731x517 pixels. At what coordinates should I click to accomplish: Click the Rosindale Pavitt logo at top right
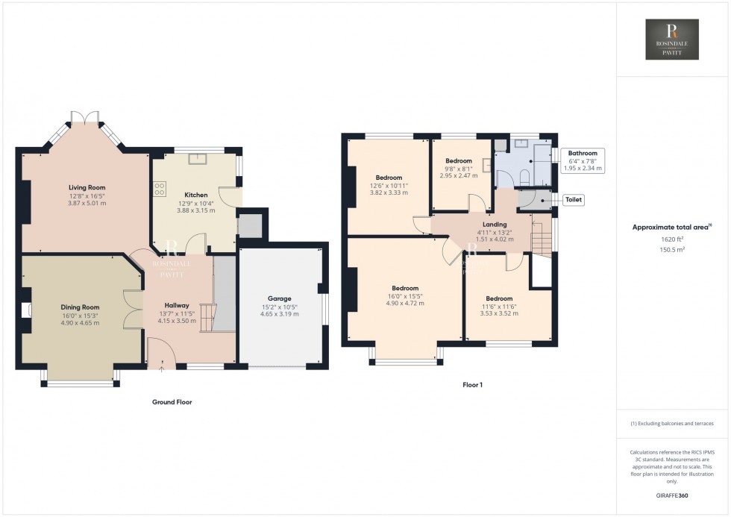(672, 40)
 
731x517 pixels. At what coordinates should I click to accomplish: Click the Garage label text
(281, 298)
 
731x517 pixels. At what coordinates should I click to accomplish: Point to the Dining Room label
(80, 307)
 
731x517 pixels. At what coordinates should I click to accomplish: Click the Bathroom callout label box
(583, 160)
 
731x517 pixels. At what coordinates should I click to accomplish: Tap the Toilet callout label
(574, 200)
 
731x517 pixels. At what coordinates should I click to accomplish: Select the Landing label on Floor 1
(495, 224)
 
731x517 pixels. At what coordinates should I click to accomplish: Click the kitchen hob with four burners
(159, 190)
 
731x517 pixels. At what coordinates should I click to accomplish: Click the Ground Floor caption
(172, 402)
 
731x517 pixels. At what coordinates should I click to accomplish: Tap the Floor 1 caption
(473, 385)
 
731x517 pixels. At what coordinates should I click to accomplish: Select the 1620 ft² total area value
(673, 239)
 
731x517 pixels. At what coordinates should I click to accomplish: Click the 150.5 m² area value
(673, 249)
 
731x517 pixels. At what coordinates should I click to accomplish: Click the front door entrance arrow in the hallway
(162, 366)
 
